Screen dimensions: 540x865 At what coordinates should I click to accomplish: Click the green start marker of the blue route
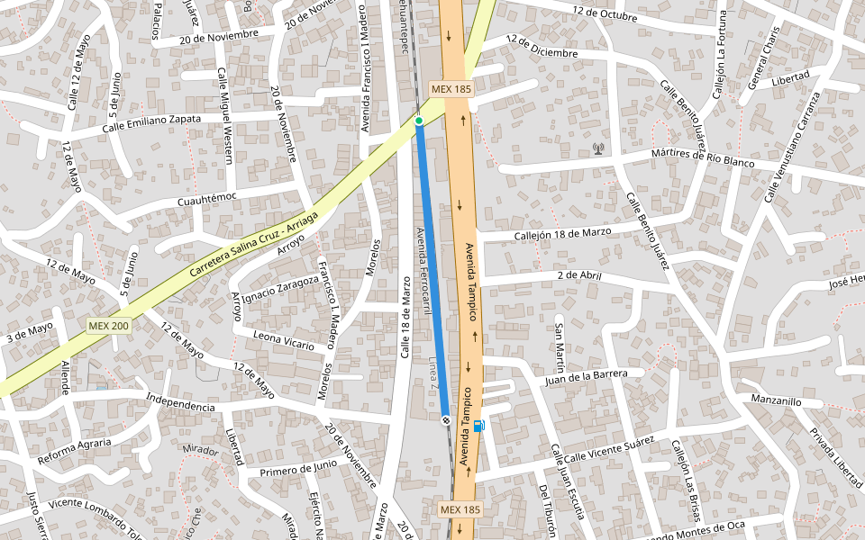[419, 121]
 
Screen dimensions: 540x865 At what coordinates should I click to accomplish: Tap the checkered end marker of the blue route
[446, 419]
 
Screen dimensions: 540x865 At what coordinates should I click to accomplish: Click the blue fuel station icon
[478, 426]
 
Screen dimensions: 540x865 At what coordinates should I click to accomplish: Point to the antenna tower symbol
[597, 148]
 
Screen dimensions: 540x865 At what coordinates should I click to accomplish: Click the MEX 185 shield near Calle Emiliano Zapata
[451, 89]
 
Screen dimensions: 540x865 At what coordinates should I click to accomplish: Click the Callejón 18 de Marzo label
[562, 232]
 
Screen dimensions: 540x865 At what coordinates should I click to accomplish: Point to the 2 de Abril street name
[578, 275]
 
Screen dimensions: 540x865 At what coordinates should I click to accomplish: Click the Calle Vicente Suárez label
[608, 449]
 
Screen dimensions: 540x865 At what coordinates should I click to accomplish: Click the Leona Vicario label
[284, 340]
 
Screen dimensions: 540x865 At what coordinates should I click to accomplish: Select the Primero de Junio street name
[298, 468]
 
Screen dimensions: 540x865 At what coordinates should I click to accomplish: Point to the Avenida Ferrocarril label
[421, 271]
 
